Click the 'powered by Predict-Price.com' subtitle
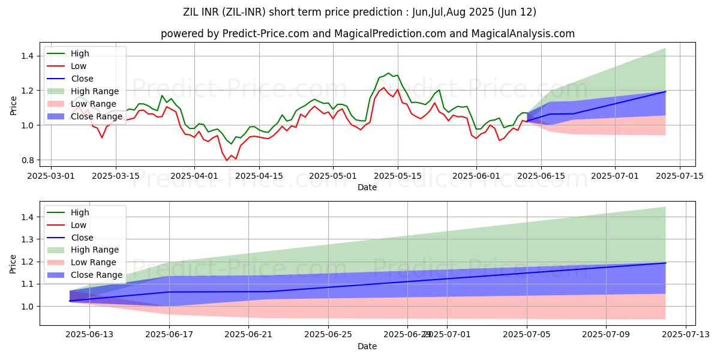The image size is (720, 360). (x=367, y=34)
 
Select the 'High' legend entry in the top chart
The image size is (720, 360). (x=80, y=53)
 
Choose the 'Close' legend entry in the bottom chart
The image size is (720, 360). (x=82, y=238)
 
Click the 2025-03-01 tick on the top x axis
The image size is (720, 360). (x=51, y=176)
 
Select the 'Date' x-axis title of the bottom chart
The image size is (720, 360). (x=367, y=347)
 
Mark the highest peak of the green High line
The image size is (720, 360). (x=388, y=73)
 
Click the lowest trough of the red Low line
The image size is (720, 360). (x=227, y=160)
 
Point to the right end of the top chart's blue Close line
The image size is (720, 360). (x=665, y=91)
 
